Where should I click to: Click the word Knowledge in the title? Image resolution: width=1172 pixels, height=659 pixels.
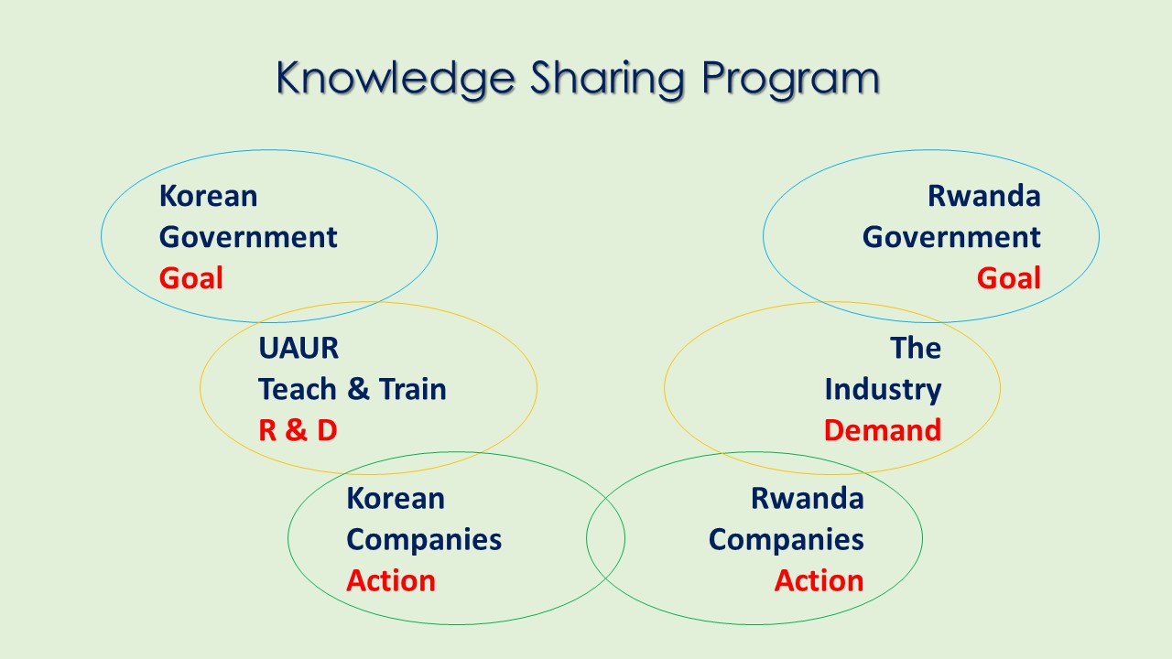(x=396, y=79)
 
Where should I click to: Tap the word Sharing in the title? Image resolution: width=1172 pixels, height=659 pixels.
(x=607, y=79)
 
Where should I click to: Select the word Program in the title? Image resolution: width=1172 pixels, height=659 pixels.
(x=790, y=79)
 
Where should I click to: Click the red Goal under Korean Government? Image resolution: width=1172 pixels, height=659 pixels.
(x=191, y=277)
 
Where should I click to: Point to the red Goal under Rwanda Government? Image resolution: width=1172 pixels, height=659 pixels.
(x=1009, y=277)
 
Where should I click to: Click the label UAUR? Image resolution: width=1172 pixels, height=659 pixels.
(x=298, y=348)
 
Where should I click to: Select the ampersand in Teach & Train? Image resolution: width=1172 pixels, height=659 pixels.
(x=358, y=389)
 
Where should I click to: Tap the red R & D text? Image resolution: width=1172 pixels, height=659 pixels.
(x=298, y=430)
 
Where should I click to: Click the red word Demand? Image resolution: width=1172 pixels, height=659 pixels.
(x=883, y=430)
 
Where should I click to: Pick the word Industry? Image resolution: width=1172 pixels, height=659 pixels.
(x=884, y=390)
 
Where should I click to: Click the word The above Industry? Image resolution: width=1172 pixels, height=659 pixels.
(x=916, y=348)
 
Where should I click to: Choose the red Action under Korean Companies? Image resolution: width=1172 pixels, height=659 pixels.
(x=391, y=580)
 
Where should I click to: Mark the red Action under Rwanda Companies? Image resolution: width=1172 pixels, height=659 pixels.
(x=819, y=580)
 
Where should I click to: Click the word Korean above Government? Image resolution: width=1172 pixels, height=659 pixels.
(x=208, y=196)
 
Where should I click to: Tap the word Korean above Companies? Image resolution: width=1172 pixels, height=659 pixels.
(x=396, y=498)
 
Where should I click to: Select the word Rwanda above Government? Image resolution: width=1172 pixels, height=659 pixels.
(x=984, y=196)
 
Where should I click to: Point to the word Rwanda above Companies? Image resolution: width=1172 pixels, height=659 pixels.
(x=808, y=498)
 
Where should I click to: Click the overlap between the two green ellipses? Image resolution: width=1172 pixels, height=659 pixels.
(x=605, y=538)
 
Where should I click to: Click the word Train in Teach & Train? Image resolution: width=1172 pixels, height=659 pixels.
(x=413, y=389)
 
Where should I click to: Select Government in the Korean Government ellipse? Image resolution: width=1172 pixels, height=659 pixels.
(x=248, y=237)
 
